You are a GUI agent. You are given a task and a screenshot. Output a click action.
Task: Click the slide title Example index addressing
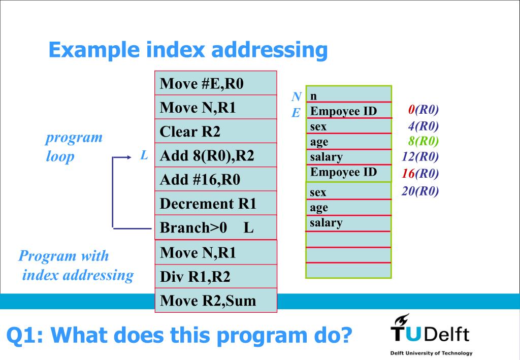click(188, 50)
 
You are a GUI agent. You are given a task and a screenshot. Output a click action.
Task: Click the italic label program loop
click(74, 146)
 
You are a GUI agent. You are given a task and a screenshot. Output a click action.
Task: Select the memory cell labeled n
click(348, 95)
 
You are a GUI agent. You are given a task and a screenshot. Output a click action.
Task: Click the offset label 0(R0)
click(423, 110)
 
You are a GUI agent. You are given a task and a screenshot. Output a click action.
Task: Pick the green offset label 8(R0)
click(423, 141)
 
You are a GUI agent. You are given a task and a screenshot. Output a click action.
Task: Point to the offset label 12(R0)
click(420, 156)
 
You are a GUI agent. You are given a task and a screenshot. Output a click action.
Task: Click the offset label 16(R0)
click(420, 173)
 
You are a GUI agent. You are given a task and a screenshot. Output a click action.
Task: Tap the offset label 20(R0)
click(420, 191)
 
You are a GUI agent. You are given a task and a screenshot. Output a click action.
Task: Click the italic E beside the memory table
click(296, 113)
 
